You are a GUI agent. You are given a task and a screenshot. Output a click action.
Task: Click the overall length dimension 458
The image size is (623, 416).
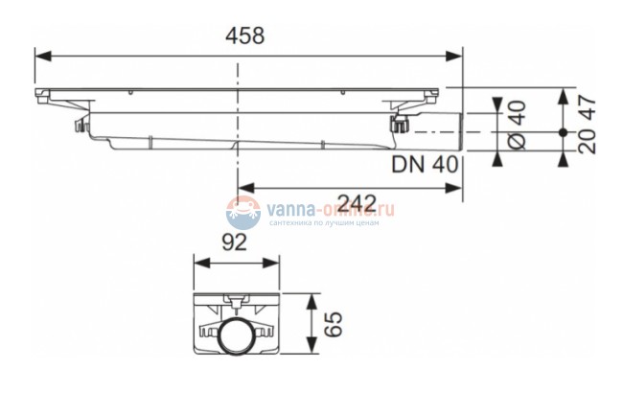(x=244, y=37)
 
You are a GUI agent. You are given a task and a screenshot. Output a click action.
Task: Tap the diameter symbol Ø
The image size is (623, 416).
(x=516, y=141)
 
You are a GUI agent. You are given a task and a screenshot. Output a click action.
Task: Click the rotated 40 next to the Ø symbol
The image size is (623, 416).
(x=516, y=112)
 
